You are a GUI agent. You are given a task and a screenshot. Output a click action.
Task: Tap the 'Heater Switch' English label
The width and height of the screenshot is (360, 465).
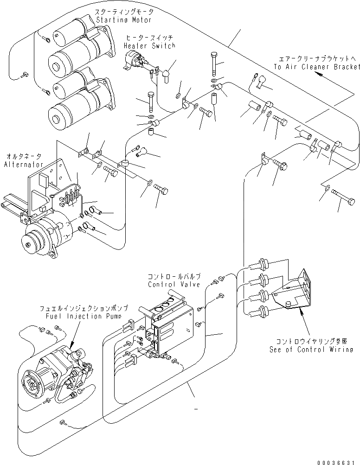[149, 45]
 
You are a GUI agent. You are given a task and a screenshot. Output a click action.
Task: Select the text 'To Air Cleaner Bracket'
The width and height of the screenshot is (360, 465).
[316, 67]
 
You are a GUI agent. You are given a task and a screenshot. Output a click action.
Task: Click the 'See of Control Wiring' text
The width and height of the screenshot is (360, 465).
[311, 350]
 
